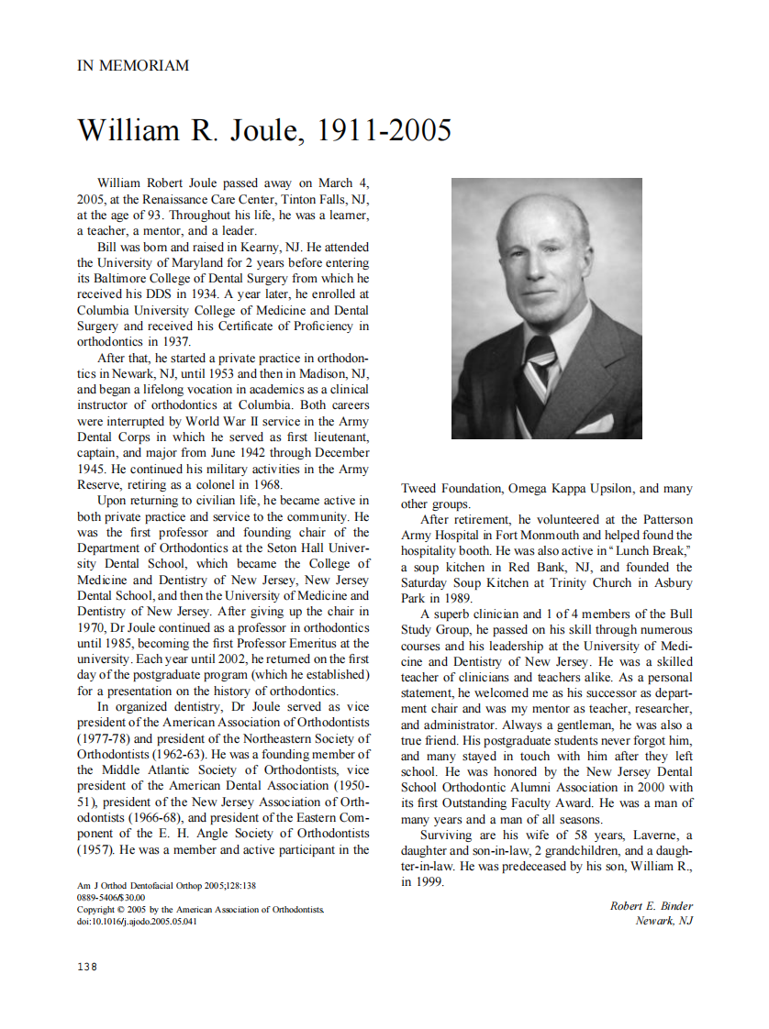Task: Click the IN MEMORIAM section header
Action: [x=133, y=66]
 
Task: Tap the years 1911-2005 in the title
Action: [x=384, y=130]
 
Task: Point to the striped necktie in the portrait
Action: [x=539, y=362]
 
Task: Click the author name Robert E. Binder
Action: [x=652, y=906]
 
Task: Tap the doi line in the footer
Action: [x=137, y=922]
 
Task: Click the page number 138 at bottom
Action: [x=85, y=967]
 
